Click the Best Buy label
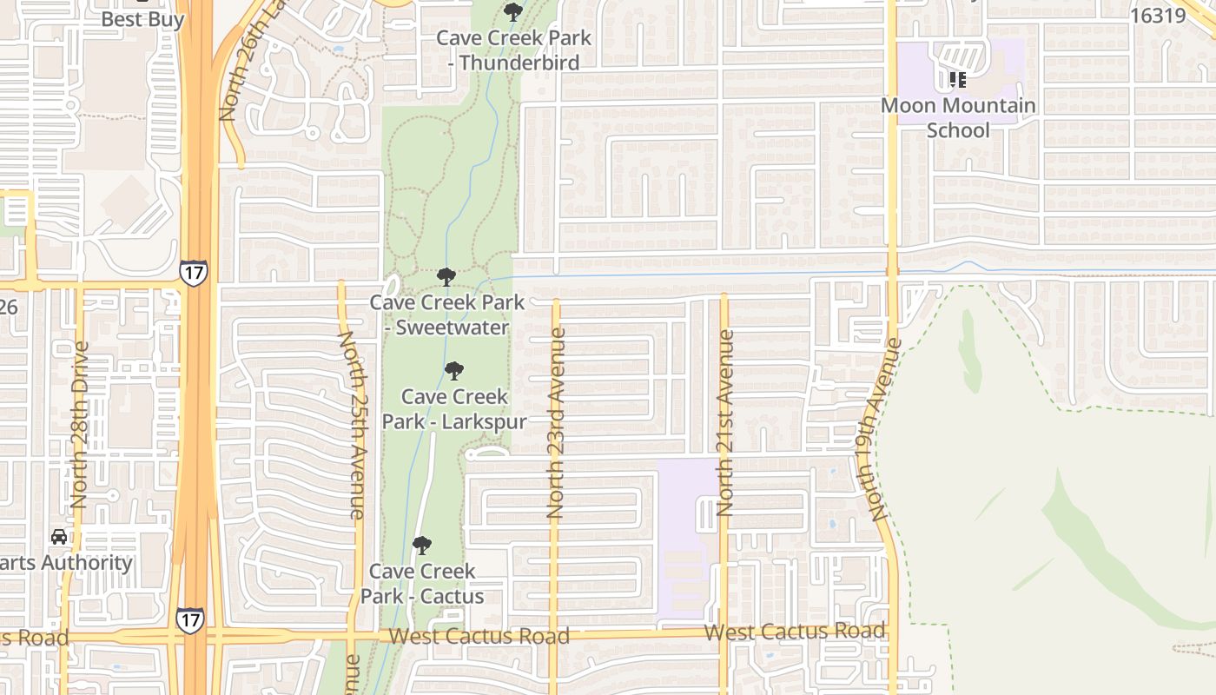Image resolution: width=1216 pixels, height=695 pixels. pos(142,19)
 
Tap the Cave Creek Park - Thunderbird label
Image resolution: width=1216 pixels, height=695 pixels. pos(513,50)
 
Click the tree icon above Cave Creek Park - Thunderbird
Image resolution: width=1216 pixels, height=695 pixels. pos(513,12)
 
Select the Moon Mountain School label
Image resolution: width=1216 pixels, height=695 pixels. pos(958,117)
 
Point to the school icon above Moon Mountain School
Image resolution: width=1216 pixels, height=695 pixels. pos(958,80)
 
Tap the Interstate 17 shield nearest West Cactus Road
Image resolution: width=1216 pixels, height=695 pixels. pos(190,619)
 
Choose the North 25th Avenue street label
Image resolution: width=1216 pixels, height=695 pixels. pos(351,425)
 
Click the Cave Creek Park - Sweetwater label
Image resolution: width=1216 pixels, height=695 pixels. pos(447,314)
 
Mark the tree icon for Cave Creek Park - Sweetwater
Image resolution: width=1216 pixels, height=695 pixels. pos(446,277)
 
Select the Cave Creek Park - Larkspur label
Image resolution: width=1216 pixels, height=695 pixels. pos(454,408)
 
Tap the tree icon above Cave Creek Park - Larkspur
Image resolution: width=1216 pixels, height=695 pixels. pos(453,371)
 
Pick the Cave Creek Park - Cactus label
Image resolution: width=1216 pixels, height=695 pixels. pos(422,584)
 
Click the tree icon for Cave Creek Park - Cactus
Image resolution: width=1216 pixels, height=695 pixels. pos(422,546)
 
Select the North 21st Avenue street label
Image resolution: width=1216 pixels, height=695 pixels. pos(725,422)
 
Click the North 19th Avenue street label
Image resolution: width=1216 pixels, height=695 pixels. pos(882,429)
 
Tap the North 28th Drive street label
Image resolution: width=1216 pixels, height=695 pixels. pos(80,425)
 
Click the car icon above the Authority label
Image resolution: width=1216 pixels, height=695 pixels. pos(59,536)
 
